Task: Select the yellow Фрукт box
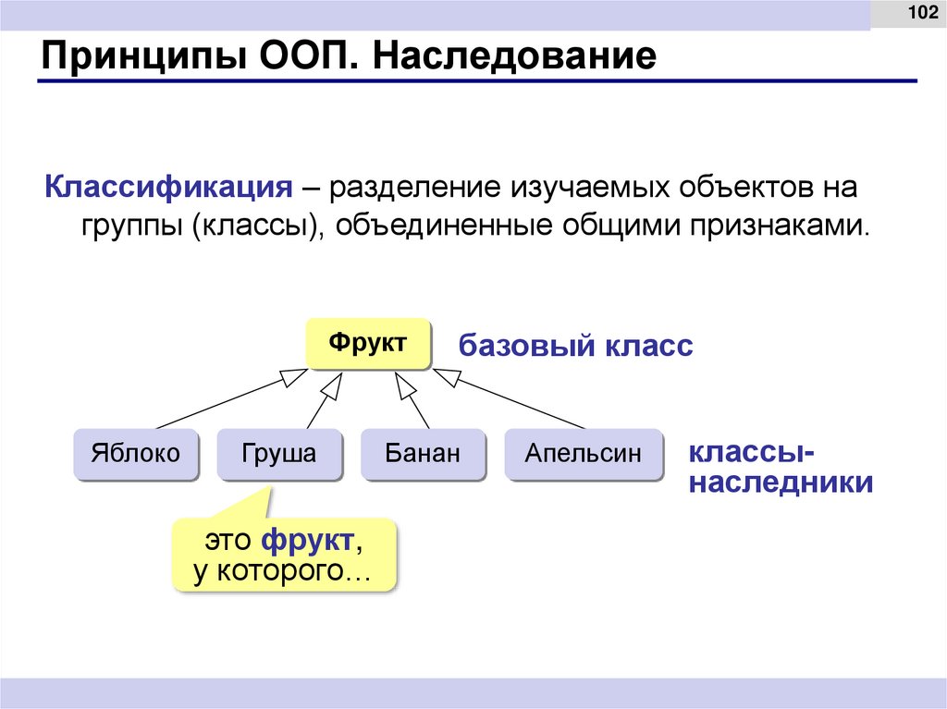click(369, 344)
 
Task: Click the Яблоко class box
click(135, 453)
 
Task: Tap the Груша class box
click(279, 453)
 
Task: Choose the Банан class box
click(423, 453)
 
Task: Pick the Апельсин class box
click(583, 453)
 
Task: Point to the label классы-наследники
click(779, 468)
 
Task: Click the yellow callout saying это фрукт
click(283, 555)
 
